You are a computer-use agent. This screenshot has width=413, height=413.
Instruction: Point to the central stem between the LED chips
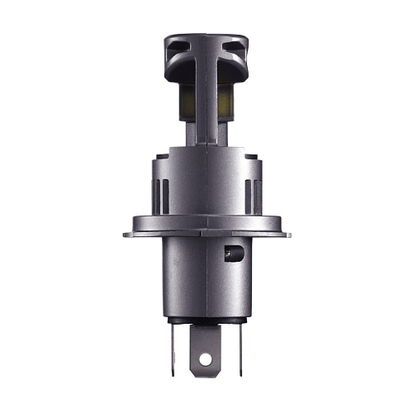(206, 103)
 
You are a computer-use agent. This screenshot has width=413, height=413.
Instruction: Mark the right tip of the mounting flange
(288, 234)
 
